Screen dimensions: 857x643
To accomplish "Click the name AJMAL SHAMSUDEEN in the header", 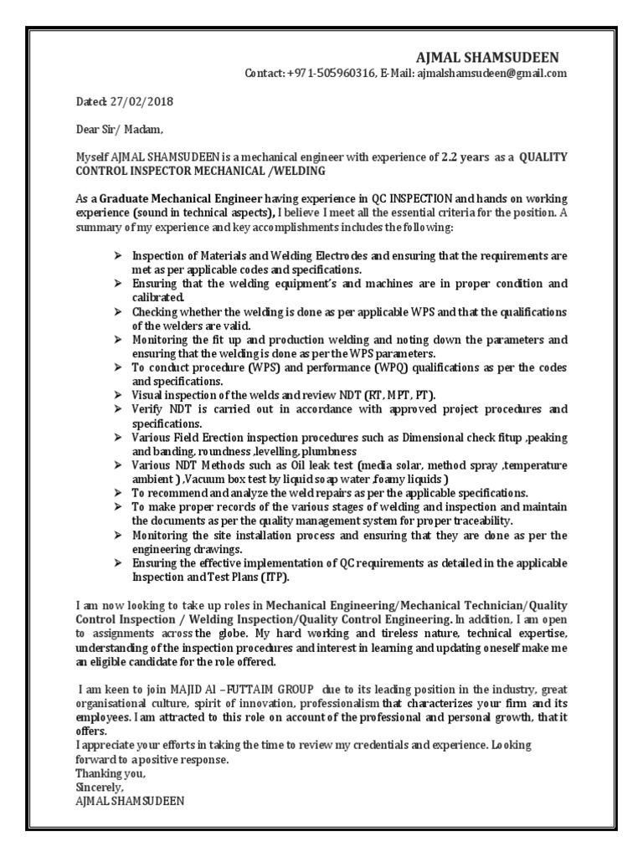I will [487, 57].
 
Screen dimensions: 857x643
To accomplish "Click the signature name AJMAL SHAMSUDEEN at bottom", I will [130, 801].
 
